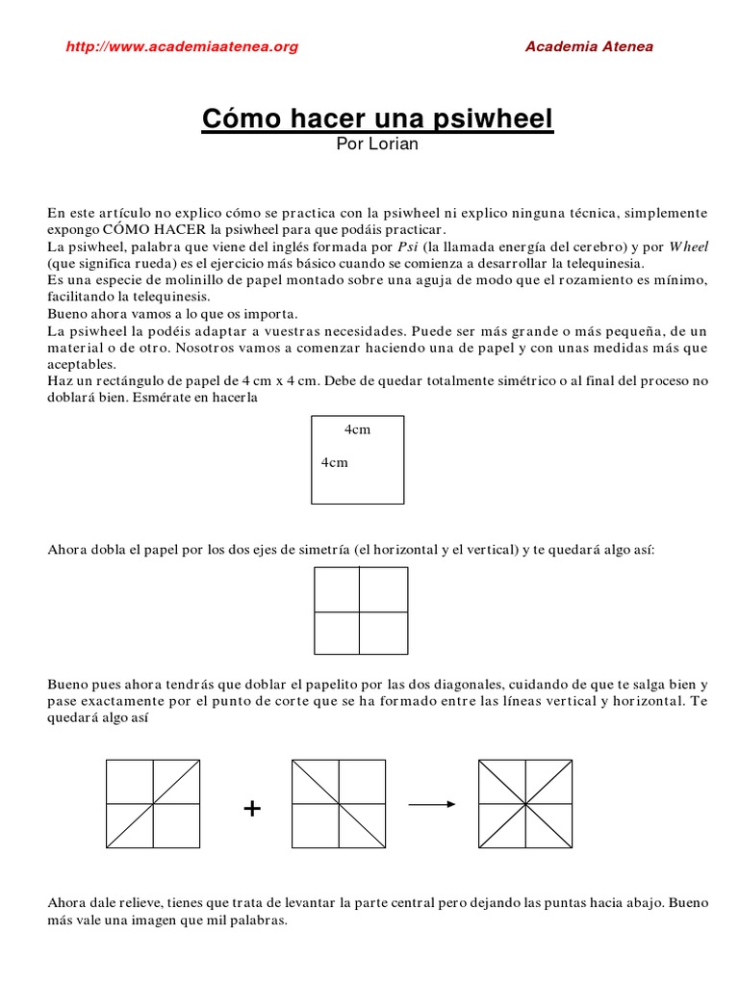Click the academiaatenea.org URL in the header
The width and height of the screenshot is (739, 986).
[x=182, y=46]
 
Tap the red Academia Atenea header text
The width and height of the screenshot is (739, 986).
[x=589, y=46]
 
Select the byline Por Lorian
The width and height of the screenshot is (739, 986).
[x=377, y=144]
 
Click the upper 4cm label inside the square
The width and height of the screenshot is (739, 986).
[x=357, y=429]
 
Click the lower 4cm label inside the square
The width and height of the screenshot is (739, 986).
[x=334, y=462]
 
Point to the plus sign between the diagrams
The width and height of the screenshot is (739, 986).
[x=252, y=809]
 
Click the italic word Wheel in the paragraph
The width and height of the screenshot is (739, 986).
[x=688, y=246]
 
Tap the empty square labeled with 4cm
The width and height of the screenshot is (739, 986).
[x=358, y=459]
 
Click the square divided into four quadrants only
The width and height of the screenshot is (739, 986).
[x=361, y=611]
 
